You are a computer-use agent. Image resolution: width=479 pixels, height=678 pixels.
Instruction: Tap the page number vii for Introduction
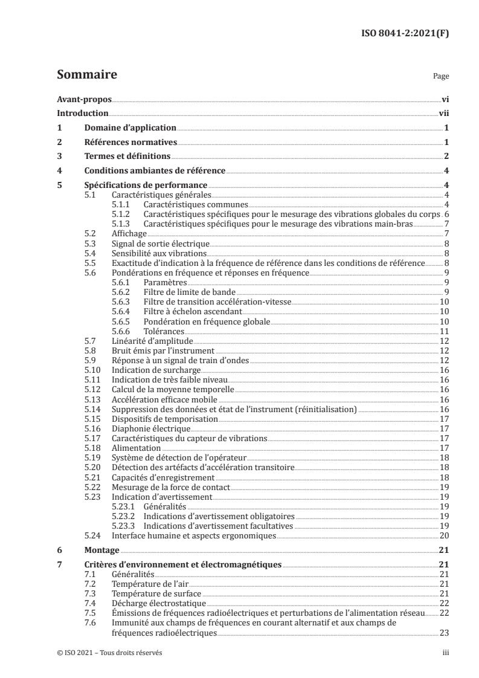click(x=443, y=113)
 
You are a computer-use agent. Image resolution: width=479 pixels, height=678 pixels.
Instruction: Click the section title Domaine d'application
click(x=130, y=128)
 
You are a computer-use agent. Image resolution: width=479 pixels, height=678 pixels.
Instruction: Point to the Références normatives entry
click(x=130, y=143)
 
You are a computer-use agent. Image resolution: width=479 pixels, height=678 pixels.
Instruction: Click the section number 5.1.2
click(x=123, y=215)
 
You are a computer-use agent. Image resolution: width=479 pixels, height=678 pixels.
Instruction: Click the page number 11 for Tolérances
click(x=443, y=332)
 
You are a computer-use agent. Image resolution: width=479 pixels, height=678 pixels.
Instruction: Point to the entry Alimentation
click(x=137, y=448)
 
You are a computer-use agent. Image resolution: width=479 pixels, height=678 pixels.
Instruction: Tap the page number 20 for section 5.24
click(x=443, y=535)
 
